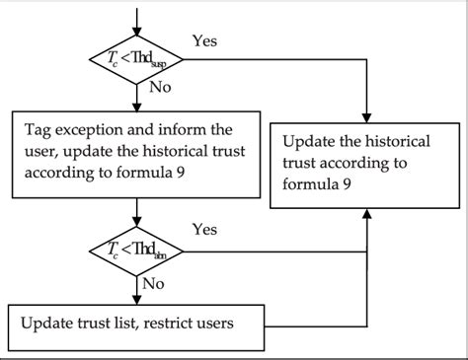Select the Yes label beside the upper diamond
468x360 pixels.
pyautogui.click(x=203, y=41)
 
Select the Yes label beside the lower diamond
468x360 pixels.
pyautogui.click(x=203, y=230)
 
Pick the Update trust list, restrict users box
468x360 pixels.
pyautogui.click(x=136, y=321)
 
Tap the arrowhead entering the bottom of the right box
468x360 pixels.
pyautogui.click(x=367, y=214)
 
